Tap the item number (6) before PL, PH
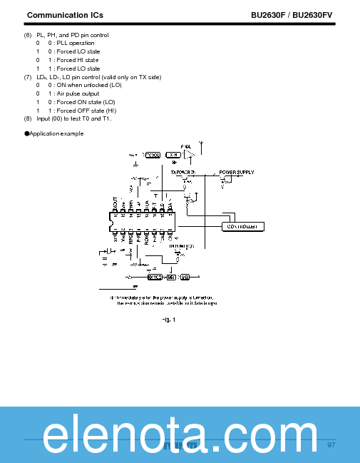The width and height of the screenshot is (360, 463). pyautogui.click(x=28, y=35)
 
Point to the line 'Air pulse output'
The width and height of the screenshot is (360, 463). pyautogui.click(x=78, y=93)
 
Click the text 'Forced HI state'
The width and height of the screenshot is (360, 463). pyautogui.click(x=78, y=60)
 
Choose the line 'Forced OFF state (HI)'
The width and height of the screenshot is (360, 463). pyautogui.click(x=86, y=110)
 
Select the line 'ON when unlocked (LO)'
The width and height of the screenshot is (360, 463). pyautogui.click(x=85, y=85)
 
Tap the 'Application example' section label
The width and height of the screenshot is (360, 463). pyautogui.click(x=56, y=133)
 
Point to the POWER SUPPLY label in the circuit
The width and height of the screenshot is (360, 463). pyautogui.click(x=236, y=172)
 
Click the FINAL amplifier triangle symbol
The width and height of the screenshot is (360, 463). pyautogui.click(x=188, y=153)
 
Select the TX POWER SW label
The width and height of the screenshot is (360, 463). pyautogui.click(x=182, y=172)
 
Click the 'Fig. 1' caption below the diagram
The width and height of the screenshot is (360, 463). pyautogui.click(x=168, y=319)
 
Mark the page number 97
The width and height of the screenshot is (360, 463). pyautogui.click(x=331, y=445)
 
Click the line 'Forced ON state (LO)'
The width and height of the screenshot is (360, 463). pyautogui.click(x=85, y=102)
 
